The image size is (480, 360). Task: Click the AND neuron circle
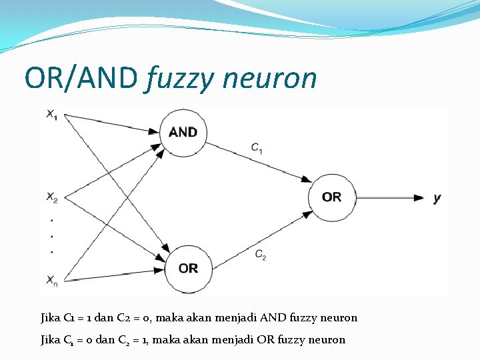pyautogui.click(x=183, y=131)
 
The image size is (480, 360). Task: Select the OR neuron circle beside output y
pyautogui.click(x=331, y=197)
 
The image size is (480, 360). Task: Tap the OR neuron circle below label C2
pyautogui.click(x=188, y=268)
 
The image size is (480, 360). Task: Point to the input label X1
pyautogui.click(x=51, y=115)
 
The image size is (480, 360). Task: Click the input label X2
pyautogui.click(x=51, y=197)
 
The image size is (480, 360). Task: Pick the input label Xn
pyautogui.click(x=51, y=281)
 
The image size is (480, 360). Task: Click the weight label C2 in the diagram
pyautogui.click(x=260, y=255)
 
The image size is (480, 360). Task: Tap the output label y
pyautogui.click(x=437, y=198)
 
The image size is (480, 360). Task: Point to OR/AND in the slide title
pyautogui.click(x=80, y=78)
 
